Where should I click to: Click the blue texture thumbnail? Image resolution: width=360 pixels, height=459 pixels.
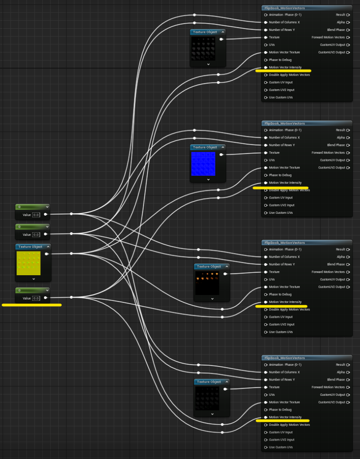point(203,164)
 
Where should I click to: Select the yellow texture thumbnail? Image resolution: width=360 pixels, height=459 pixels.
point(28,263)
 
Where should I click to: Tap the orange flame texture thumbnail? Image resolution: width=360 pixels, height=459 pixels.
point(207,283)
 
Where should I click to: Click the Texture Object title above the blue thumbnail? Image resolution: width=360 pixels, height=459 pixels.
point(205,147)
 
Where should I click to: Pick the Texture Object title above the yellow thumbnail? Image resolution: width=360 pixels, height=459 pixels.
point(30,247)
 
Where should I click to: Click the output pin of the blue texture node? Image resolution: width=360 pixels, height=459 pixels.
point(221,155)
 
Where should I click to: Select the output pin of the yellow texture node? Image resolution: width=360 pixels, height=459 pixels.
point(47,254)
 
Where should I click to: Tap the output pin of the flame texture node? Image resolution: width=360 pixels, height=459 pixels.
point(225,274)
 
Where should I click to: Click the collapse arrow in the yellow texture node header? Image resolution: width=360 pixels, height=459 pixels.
point(48,247)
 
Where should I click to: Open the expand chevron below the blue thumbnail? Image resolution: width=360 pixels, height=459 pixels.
point(208,179)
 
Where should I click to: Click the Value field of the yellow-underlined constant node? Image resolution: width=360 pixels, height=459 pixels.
point(36,298)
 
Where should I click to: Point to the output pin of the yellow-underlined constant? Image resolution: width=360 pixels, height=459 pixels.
point(46,298)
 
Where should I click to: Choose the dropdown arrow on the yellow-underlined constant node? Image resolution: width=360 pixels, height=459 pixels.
point(47,290)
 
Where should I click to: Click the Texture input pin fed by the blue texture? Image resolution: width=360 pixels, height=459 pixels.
point(266,153)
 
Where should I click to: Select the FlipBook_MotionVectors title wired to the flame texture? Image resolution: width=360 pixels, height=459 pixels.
point(284,242)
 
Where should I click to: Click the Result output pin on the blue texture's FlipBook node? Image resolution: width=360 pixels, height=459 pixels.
point(348,130)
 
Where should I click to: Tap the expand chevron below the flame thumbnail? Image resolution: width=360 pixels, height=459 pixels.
point(212,299)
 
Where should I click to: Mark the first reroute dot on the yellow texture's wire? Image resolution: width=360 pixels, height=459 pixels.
point(71,254)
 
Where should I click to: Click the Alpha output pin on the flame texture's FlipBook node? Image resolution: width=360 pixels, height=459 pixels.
point(348,257)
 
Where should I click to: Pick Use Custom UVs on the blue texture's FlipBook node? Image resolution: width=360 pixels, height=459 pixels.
point(281,213)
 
